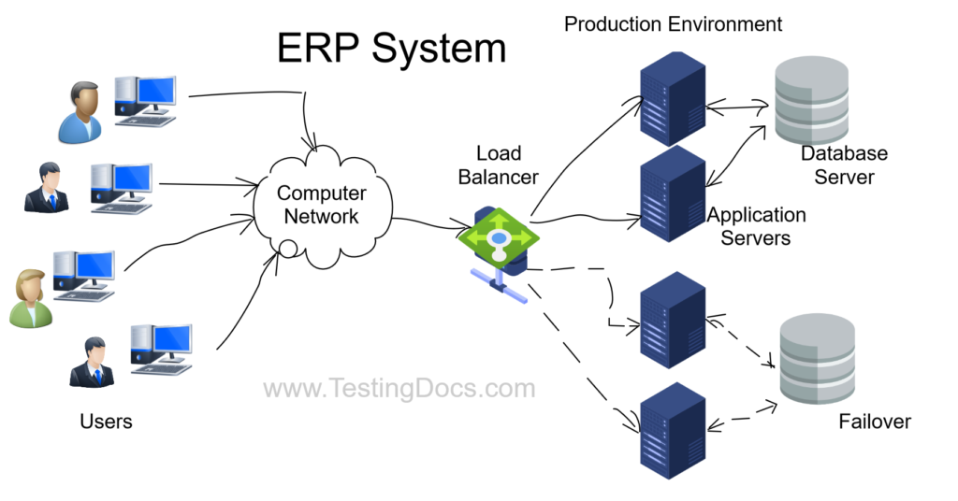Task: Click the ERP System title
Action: (x=391, y=50)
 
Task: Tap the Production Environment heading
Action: (x=673, y=23)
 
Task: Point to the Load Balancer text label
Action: (x=498, y=165)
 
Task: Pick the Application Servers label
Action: (x=756, y=226)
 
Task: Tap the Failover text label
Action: (x=875, y=422)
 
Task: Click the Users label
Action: (x=106, y=422)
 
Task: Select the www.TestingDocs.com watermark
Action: (x=399, y=388)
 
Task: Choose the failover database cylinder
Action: (x=817, y=359)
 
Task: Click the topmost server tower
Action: (x=672, y=98)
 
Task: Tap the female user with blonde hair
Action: (x=30, y=297)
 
